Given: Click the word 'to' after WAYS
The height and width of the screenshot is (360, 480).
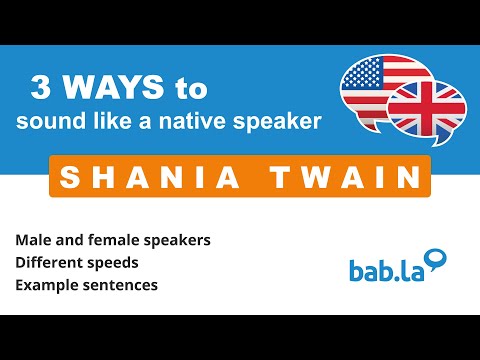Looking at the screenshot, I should pyautogui.click(x=190, y=89).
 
